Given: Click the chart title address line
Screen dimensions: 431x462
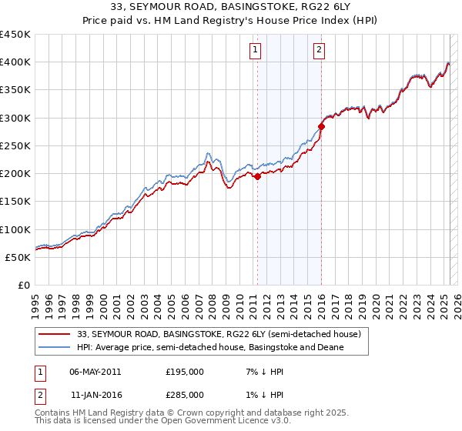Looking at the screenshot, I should tap(230, 8).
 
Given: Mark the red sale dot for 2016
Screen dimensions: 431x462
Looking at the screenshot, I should tap(321, 127).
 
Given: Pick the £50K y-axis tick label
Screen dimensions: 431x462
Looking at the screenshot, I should tap(18, 257).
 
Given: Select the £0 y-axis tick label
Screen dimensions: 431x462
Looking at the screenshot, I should tap(24, 285).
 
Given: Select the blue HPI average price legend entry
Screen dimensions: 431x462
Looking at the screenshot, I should tap(213, 348).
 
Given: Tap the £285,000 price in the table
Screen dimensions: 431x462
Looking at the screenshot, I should tap(185, 394).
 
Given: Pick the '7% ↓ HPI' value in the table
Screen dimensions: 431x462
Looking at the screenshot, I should tap(259, 372).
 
